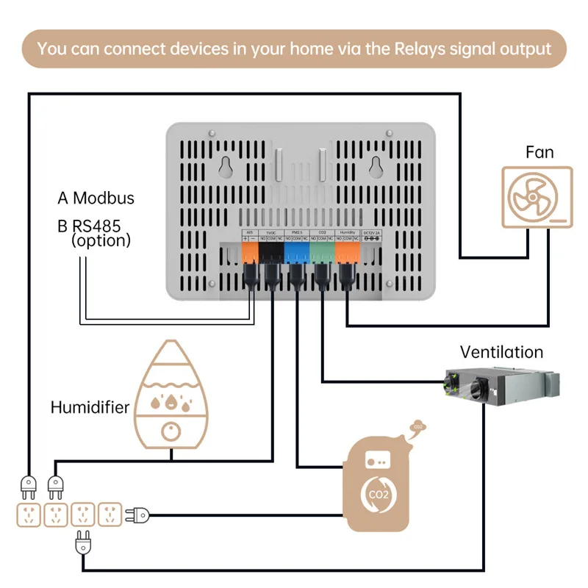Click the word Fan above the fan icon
(539, 152)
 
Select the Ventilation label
(501, 352)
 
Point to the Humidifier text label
(90, 407)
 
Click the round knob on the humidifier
(171, 433)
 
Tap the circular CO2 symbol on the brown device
(377, 495)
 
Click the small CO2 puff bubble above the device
(417, 426)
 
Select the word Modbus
(104, 198)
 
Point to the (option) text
(101, 240)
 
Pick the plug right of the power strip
(138, 514)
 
